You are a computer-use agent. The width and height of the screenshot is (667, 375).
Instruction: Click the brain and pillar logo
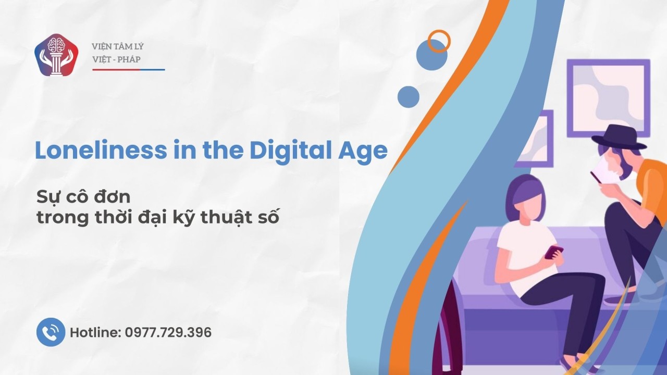(x=56, y=55)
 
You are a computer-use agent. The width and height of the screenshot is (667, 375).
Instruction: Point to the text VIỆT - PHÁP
(x=116, y=59)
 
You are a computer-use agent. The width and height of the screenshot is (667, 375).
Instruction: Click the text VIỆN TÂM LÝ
(x=118, y=47)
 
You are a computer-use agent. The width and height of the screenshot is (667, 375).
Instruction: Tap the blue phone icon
(x=51, y=332)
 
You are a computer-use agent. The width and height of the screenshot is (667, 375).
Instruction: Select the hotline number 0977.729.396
(x=168, y=332)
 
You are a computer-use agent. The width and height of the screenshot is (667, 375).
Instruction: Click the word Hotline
(x=95, y=332)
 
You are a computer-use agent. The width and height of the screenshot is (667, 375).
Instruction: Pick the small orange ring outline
(x=439, y=41)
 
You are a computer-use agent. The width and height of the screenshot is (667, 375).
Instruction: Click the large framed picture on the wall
(x=608, y=98)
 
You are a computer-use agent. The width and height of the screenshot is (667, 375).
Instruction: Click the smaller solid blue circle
(x=409, y=97)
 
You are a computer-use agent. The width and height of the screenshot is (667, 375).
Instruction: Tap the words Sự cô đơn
(x=83, y=197)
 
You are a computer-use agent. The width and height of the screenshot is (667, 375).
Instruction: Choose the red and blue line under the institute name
(x=128, y=69)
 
